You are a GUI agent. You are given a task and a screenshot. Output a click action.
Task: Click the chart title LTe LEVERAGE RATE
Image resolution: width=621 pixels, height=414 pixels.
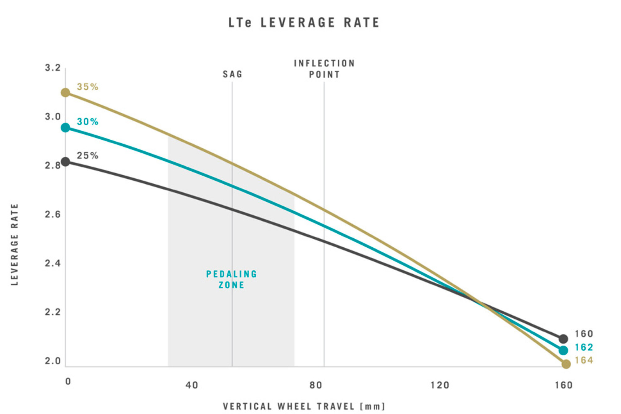[x=304, y=23]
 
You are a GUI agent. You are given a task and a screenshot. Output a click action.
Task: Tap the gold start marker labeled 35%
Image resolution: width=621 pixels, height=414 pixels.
[x=66, y=92]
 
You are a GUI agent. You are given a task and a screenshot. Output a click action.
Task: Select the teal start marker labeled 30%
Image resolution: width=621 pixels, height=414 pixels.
[x=66, y=128]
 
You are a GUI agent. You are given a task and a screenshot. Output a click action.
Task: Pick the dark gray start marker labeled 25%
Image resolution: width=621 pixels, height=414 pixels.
[x=66, y=162]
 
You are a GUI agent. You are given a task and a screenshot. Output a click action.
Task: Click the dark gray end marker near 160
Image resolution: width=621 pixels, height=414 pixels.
[x=563, y=339]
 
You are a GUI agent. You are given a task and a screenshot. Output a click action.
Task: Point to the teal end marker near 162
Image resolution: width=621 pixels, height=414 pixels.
[x=563, y=350]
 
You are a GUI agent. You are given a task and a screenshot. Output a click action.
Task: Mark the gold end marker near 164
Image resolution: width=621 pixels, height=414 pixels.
[x=566, y=364]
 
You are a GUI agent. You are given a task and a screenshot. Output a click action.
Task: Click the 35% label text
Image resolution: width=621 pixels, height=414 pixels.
[x=88, y=87]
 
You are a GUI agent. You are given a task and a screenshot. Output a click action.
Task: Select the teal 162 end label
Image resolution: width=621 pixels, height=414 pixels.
[x=584, y=347]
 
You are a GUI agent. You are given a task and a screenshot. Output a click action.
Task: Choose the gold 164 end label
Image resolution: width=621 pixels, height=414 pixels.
[x=584, y=360]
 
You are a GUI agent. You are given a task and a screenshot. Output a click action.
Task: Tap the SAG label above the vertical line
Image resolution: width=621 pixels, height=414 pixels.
[x=232, y=74]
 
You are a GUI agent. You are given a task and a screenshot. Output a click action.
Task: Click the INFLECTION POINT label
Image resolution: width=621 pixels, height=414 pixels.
[x=324, y=69]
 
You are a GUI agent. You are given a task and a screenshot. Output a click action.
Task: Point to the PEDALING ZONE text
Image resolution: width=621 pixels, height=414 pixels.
[x=232, y=279]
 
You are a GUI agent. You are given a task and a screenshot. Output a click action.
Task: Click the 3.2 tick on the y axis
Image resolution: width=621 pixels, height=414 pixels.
[x=53, y=68]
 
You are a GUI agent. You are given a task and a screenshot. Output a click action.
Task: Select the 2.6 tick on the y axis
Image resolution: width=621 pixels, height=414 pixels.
[x=53, y=214]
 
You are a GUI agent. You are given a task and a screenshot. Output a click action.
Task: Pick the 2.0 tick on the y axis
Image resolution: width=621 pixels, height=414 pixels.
[x=53, y=361]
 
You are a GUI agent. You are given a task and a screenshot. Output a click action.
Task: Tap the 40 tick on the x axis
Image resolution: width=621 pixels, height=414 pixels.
[x=192, y=385]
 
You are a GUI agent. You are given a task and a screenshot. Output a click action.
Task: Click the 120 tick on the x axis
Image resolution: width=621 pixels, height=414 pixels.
[x=440, y=385]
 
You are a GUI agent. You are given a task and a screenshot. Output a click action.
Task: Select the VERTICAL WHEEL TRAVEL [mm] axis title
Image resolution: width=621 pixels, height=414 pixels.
[x=304, y=407]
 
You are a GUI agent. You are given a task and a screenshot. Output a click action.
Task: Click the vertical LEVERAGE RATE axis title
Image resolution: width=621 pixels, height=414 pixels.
[x=15, y=245]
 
